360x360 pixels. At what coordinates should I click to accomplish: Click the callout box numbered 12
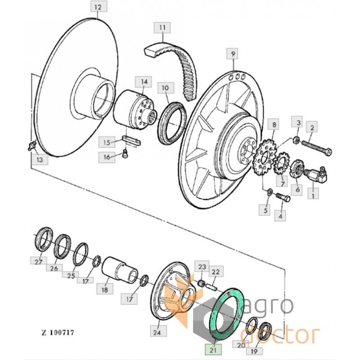pos(98,8)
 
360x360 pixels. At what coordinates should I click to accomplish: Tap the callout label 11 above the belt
pos(162,28)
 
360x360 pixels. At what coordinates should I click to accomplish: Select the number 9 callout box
pos(233,55)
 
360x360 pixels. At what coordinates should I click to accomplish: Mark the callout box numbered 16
pos(107,157)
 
